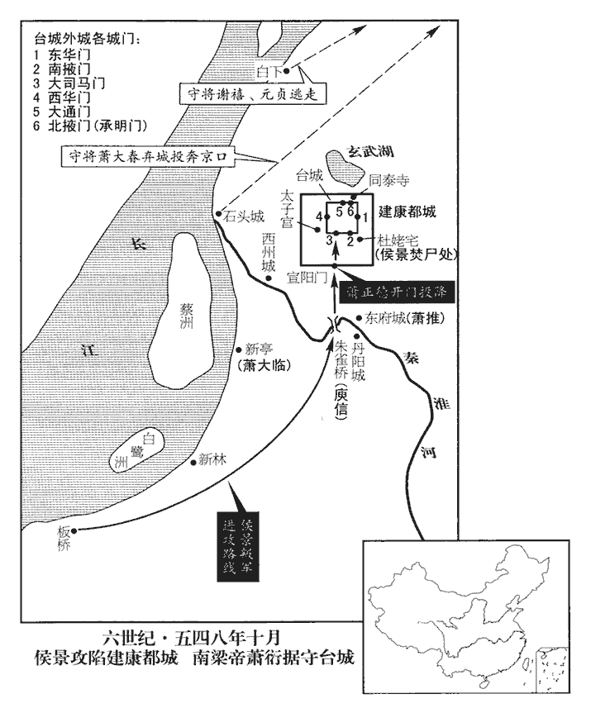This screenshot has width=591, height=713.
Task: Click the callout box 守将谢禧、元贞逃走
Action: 250,96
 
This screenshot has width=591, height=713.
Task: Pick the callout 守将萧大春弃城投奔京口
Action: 152,154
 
